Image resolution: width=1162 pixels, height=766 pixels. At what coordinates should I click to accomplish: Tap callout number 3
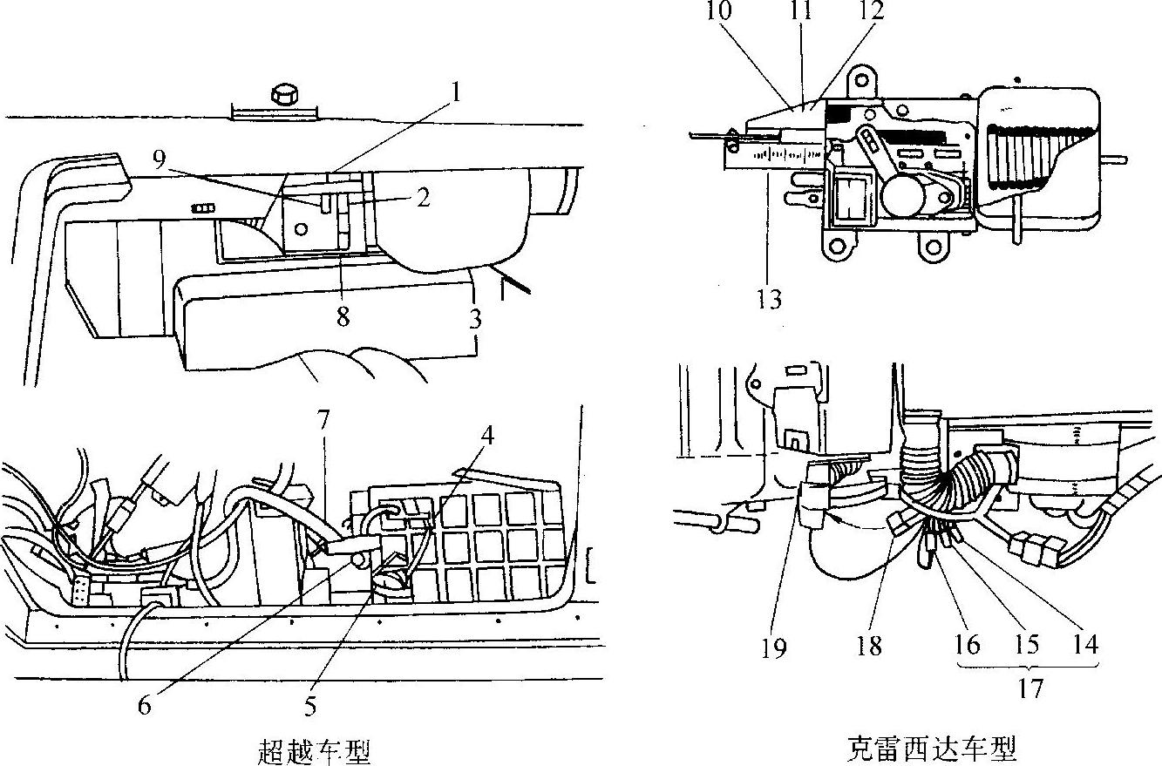click(475, 319)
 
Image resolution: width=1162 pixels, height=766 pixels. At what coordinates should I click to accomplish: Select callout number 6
click(145, 705)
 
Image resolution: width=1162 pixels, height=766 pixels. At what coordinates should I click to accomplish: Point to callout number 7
click(323, 420)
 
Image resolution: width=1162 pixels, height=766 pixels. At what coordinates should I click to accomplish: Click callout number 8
click(343, 317)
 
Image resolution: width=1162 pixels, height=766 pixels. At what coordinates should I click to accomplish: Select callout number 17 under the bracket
click(1029, 688)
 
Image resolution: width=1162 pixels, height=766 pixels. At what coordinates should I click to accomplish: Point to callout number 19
click(774, 647)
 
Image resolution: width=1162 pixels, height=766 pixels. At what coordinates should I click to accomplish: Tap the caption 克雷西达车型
click(932, 749)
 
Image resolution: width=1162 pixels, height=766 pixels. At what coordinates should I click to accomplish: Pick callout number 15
click(1027, 645)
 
